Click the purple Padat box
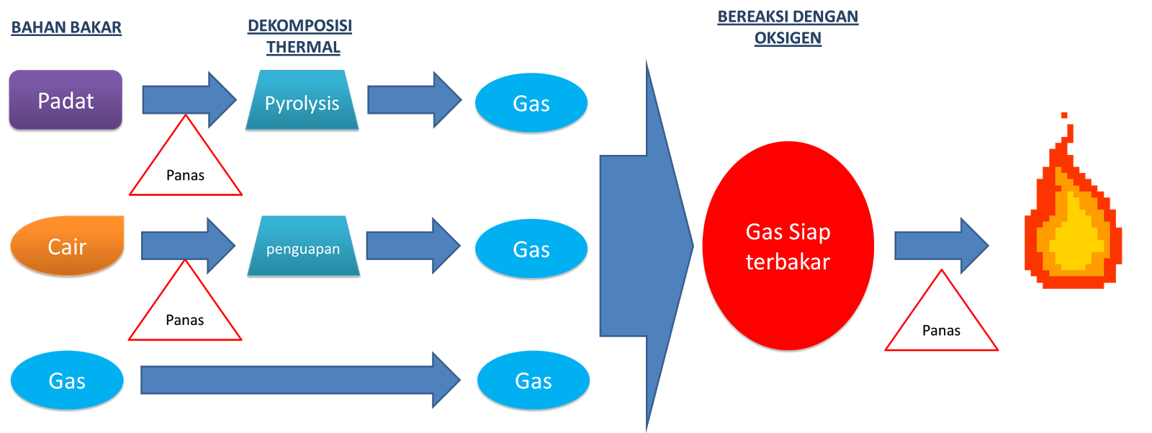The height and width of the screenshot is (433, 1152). (x=66, y=100)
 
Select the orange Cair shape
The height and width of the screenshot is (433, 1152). (x=67, y=246)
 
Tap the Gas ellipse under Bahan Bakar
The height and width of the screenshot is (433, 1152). (x=67, y=380)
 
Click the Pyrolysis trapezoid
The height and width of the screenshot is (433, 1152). (x=302, y=101)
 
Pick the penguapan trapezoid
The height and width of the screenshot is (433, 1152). (x=303, y=246)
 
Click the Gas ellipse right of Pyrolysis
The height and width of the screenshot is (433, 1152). (x=531, y=102)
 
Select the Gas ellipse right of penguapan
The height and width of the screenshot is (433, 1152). (x=531, y=249)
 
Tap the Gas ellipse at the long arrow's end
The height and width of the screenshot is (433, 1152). (x=534, y=380)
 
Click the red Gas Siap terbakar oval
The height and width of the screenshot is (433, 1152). (x=788, y=246)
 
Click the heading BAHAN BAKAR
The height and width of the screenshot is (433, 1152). (x=66, y=27)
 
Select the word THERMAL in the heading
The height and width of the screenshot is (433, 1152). (x=302, y=48)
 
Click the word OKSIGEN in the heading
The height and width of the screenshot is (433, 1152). (x=788, y=38)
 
